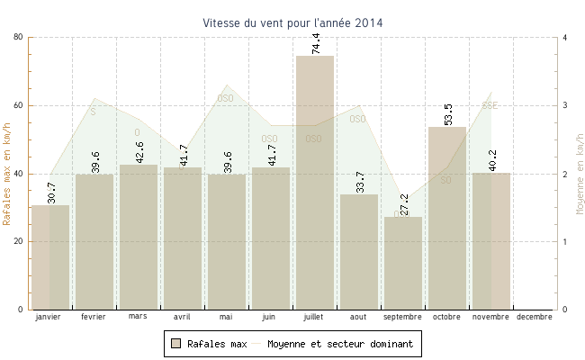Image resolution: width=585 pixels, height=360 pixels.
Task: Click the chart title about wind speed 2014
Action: click(292, 22)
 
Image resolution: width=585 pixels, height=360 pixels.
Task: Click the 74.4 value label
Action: click(316, 43)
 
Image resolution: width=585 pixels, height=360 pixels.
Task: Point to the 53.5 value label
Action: click(448, 114)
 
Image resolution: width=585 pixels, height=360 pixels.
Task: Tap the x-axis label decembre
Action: click(535, 317)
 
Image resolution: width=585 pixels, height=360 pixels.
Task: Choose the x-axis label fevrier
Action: click(94, 317)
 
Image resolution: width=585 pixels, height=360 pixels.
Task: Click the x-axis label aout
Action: click(358, 317)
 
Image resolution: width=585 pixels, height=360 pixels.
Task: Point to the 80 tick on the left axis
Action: click(18, 37)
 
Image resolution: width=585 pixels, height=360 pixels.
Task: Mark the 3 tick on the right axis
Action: click(564, 105)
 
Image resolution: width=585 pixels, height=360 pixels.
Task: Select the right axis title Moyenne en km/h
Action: click(579, 174)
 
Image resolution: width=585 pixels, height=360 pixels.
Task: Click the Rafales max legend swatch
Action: click(175, 344)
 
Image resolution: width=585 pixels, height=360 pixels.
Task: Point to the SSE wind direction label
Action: click(490, 105)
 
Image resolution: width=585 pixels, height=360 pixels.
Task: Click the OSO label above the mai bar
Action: click(225, 98)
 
